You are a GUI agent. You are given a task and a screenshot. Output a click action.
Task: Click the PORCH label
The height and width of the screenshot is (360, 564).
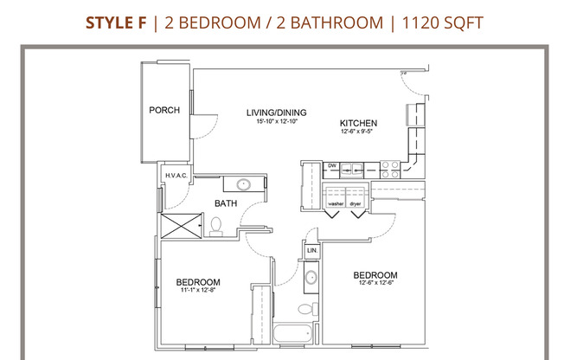(164, 110)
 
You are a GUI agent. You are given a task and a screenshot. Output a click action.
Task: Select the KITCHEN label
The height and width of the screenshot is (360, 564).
(357, 123)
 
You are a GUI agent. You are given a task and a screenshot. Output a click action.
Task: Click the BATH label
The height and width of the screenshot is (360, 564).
(226, 204)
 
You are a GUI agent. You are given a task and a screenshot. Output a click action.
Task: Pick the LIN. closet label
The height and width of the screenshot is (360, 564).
(312, 251)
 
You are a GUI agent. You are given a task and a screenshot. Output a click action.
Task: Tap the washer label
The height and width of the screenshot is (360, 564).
(336, 204)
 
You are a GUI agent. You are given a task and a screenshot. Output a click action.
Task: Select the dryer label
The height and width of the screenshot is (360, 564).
(356, 204)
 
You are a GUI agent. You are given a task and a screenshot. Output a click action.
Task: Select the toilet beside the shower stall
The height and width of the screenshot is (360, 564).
(216, 227)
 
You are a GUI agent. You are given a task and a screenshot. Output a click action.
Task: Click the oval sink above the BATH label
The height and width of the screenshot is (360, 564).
(244, 183)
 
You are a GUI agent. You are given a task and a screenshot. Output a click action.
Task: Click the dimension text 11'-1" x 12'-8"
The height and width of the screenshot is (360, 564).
(198, 290)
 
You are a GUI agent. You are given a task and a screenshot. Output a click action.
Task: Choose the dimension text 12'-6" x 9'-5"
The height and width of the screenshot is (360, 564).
(357, 132)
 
